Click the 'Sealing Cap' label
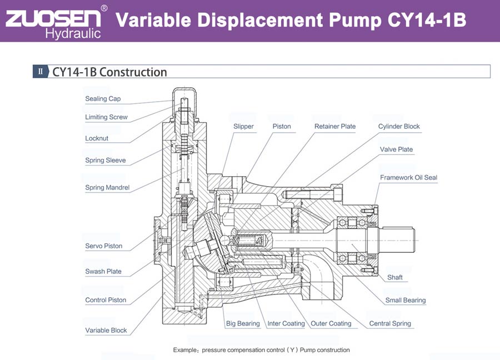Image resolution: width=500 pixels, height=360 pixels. coord(103,99)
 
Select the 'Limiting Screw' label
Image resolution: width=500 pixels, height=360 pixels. coord(106,117)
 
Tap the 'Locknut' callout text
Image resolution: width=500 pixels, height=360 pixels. coord(97,138)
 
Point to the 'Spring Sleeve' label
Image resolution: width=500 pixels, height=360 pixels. coord(106,161)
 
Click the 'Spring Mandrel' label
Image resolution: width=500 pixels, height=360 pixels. coord(107,188)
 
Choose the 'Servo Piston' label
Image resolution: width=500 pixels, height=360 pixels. coord(104,246)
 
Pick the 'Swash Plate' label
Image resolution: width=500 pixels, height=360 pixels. coord(103,272)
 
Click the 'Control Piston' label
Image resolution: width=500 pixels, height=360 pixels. coord(106,300)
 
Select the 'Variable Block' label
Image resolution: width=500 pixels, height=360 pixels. coord(106,331)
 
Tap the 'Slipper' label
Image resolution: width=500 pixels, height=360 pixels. coord(243,127)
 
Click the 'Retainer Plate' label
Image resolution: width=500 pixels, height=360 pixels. coord(335,127)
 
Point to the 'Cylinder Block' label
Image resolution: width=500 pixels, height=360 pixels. coord(399,127)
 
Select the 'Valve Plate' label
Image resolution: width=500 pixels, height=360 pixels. coord(397,149)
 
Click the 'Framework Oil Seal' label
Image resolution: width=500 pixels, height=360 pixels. coord(409,178)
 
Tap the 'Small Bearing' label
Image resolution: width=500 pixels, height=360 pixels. coord(406,301)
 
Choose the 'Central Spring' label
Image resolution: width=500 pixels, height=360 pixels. coord(390,323)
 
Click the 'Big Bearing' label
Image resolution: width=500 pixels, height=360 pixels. coord(243,323)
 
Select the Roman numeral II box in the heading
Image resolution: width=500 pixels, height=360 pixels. coord(41,71)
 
